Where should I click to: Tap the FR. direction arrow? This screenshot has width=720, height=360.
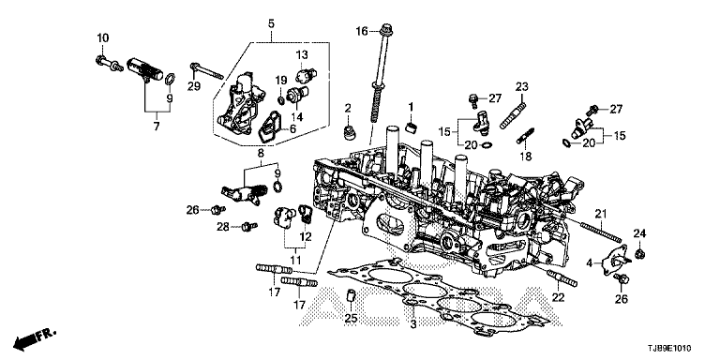(x=35, y=337)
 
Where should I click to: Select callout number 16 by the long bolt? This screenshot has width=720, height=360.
(x=362, y=31)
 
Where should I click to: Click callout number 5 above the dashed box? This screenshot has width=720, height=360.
(x=271, y=22)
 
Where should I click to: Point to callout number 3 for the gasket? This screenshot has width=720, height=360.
(x=412, y=324)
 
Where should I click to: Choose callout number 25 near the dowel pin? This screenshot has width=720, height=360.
(x=351, y=319)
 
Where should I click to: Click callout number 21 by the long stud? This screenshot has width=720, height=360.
(x=601, y=214)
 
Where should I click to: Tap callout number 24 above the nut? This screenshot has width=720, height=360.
(x=639, y=233)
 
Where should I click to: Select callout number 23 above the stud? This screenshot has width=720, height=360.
(x=522, y=86)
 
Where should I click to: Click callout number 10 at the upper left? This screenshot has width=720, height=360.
(x=102, y=37)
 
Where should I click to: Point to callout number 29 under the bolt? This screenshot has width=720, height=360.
(x=194, y=86)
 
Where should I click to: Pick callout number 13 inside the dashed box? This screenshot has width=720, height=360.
(x=302, y=55)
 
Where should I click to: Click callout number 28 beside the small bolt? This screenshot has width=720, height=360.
(x=223, y=227)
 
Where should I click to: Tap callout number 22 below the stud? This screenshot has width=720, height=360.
(x=558, y=297)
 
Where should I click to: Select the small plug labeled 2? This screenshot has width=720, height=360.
(x=349, y=130)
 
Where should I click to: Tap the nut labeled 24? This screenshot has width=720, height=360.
(x=638, y=253)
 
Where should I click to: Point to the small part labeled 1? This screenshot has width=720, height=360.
(x=411, y=126)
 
